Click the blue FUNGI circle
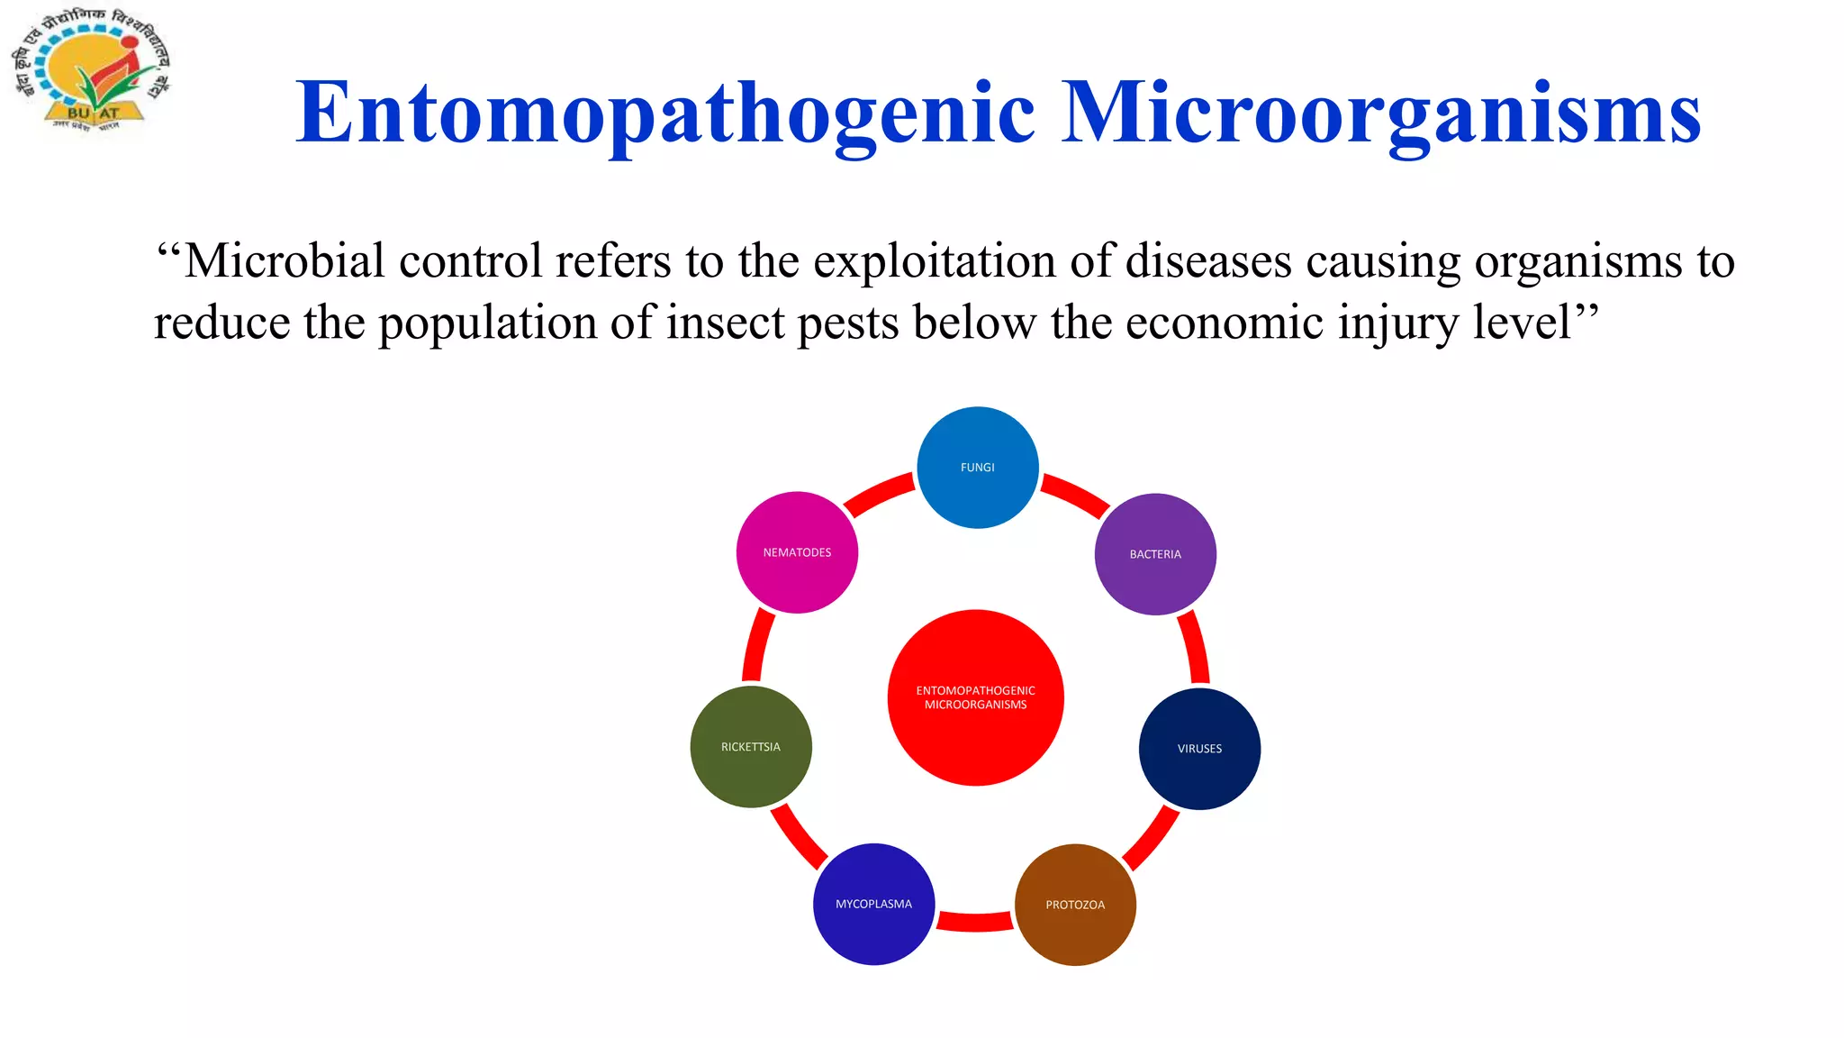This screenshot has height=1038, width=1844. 977,467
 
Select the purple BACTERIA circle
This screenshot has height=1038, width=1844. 1155,554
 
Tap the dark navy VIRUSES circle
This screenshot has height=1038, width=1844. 1199,749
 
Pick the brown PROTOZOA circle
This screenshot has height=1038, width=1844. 1075,905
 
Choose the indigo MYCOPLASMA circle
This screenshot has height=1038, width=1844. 873,904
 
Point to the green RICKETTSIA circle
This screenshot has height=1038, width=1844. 751,747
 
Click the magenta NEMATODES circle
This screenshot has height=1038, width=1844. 797,552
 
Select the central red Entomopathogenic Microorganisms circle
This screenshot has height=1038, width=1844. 975,697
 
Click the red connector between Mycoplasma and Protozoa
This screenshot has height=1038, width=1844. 975,921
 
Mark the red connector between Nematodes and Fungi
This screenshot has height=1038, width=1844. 877,495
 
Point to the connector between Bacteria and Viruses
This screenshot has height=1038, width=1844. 1195,647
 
